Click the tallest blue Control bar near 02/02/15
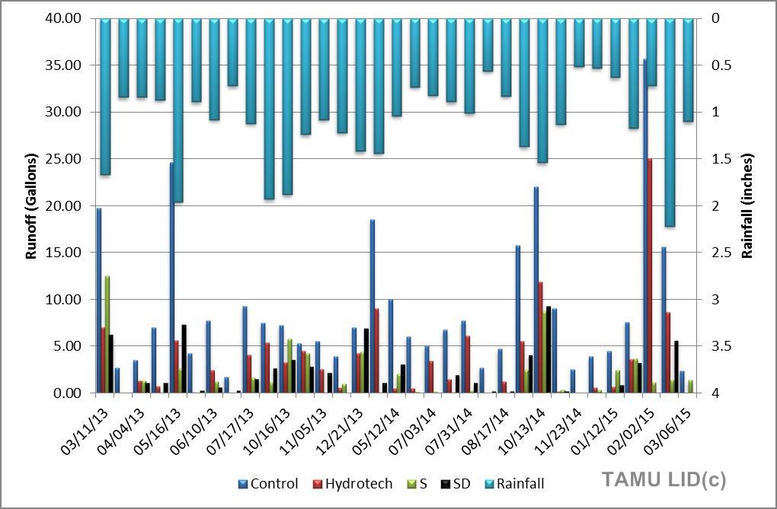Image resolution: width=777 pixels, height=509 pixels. tap(644, 228)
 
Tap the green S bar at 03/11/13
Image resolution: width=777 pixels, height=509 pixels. tap(107, 335)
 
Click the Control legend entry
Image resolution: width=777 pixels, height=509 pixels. tap(268, 484)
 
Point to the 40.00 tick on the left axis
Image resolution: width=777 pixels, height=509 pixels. tap(65, 18)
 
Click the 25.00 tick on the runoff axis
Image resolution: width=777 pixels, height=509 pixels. tap(65, 159)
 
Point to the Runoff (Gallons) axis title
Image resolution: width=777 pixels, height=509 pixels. tap(31, 206)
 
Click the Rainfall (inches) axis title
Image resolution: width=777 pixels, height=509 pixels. tap(748, 206)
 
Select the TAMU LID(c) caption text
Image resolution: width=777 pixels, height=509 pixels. tap(663, 479)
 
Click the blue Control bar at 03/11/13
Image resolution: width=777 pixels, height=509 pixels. tap(98, 301)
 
